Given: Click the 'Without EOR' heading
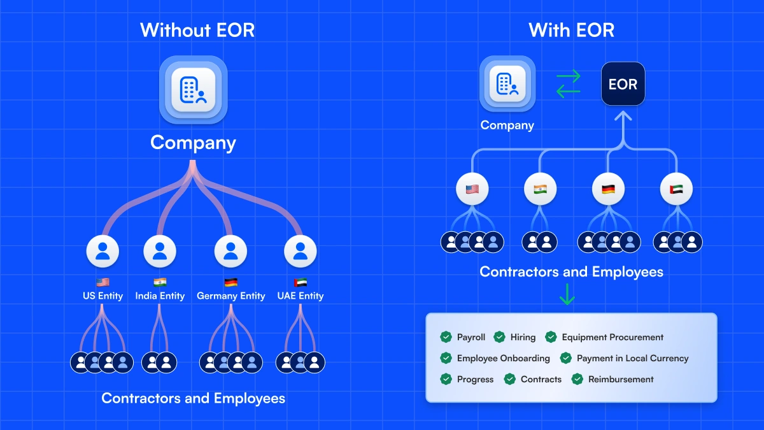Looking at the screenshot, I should tap(197, 30).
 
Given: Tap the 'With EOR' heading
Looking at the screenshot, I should tap(571, 30).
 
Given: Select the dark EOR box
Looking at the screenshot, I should tap(623, 84).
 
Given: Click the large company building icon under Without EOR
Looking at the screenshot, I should tap(194, 90).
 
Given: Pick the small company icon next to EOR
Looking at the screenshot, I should tap(507, 83).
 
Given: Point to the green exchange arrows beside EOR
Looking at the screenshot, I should tap(569, 84).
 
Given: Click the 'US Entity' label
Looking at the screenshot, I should tap(103, 296).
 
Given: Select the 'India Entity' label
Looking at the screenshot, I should tap(160, 296).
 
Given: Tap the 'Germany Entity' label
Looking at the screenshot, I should tap(230, 296).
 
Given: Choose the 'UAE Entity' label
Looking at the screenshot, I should tap(301, 296).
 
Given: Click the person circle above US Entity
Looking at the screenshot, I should tap(103, 252).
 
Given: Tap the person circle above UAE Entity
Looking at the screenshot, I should tap(301, 252).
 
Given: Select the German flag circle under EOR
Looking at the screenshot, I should tap(608, 189).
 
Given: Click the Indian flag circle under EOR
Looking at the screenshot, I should tap(540, 189).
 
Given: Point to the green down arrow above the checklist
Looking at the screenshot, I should tap(567, 294).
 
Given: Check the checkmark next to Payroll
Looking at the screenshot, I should tap(446, 337).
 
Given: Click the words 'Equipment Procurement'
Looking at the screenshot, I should tap(612, 337).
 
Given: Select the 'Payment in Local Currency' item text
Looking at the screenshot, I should tap(632, 358).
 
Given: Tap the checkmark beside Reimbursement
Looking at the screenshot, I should tap(577, 379).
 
